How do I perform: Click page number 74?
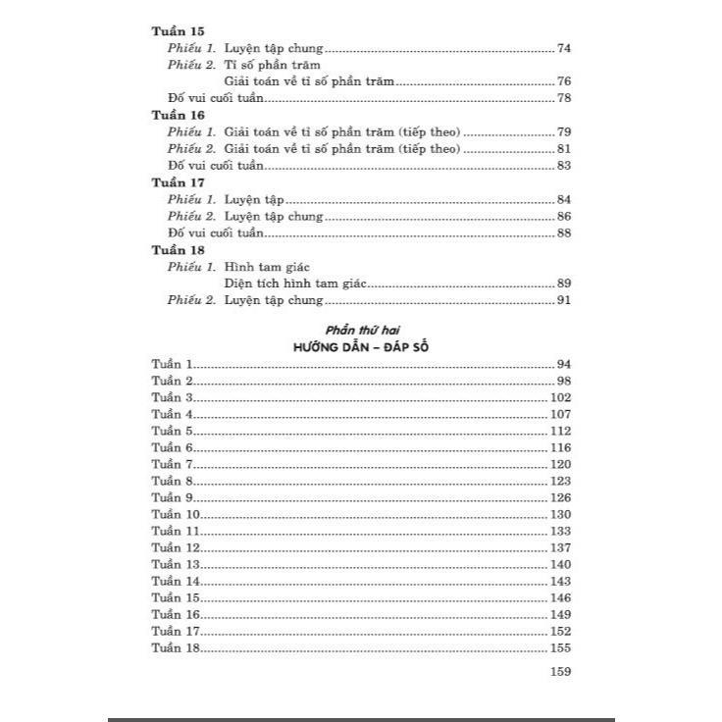point(563,48)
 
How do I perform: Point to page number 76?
point(563,81)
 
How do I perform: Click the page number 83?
point(563,165)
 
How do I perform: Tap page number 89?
point(563,284)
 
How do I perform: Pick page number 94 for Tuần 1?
point(563,364)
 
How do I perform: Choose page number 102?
point(560,397)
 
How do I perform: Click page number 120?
point(560,464)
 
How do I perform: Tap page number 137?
point(560,547)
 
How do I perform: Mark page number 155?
point(560,648)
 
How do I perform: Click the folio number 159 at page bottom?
point(560,672)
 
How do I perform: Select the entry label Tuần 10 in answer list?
point(177,514)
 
